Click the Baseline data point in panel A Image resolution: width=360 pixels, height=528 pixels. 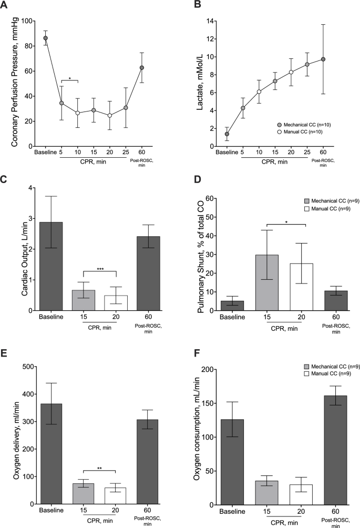pyautogui.click(x=46, y=38)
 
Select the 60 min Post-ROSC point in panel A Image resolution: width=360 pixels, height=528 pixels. pyautogui.click(x=141, y=68)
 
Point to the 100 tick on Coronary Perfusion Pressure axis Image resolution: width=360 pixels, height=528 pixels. pyautogui.click(x=29, y=21)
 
